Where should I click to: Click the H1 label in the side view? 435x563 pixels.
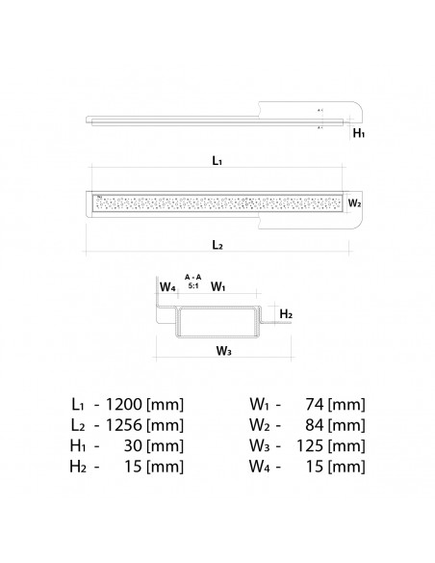click(x=358, y=135)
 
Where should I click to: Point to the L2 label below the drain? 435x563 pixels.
click(x=217, y=247)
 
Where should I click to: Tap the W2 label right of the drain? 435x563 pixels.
click(x=354, y=203)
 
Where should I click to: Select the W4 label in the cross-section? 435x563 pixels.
click(x=167, y=286)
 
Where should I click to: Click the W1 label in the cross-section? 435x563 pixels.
click(x=217, y=286)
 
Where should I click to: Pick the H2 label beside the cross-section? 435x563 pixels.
click(x=286, y=314)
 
